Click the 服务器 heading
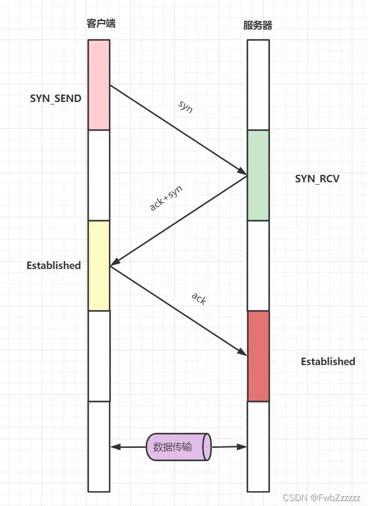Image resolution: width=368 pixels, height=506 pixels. pos(258,25)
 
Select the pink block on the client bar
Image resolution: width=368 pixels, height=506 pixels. pos(99,85)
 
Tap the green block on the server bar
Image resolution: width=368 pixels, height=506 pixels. pos(258,175)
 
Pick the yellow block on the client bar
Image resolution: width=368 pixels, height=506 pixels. pos(99,265)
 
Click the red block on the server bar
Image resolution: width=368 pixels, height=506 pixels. pos(258,356)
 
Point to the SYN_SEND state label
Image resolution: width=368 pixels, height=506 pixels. pos(56,99)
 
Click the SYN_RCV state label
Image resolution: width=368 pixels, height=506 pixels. pos(317,178)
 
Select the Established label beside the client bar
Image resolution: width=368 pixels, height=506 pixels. pos(54,265)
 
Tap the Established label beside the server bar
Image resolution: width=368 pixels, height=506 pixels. pos(328,361)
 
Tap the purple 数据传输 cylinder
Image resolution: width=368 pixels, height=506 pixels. pos(179,447)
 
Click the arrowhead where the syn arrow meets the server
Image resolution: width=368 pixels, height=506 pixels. pos(242,171)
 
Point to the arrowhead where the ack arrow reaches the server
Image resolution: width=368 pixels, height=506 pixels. pos(242,352)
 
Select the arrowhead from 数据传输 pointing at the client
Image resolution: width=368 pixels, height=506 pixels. pos(115,447)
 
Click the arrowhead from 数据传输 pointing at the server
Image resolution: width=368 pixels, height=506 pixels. pos(242,447)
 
